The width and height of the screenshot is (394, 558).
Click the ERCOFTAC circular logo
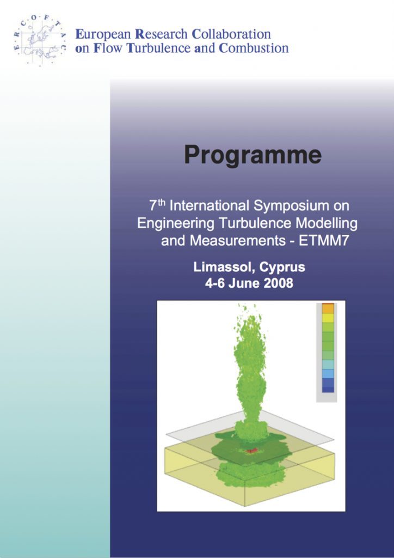click(x=40, y=40)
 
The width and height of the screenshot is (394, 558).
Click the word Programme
click(x=253, y=155)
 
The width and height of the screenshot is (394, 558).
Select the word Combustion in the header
click(x=254, y=48)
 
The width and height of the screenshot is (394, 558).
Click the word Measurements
click(x=237, y=241)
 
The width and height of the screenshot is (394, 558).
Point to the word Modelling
click(x=327, y=223)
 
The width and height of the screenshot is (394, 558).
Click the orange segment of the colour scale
click(x=328, y=308)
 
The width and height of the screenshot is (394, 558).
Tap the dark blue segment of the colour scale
click(x=328, y=385)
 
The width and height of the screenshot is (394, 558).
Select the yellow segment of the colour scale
click(x=328, y=318)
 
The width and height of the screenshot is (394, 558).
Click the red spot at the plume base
click(x=251, y=451)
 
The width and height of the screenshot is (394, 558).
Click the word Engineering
click(x=176, y=224)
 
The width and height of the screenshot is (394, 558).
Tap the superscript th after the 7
click(x=162, y=203)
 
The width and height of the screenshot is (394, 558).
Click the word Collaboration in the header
click(x=231, y=34)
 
